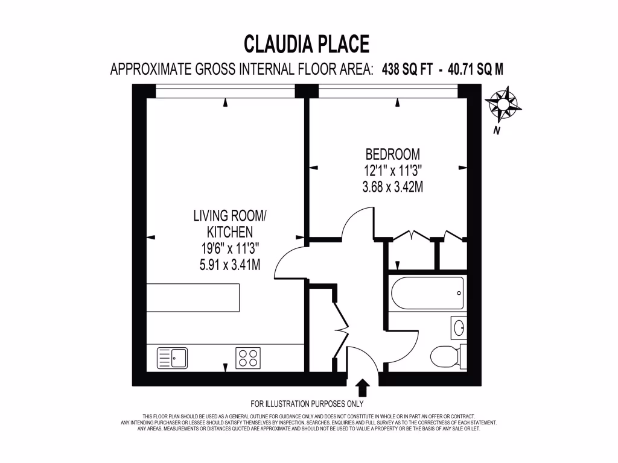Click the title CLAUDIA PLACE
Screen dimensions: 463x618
pyautogui.click(x=306, y=44)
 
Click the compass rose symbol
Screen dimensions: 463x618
pyautogui.click(x=503, y=104)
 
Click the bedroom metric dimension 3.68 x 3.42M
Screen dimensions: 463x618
pyautogui.click(x=392, y=187)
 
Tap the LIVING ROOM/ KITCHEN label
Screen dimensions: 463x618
pyautogui.click(x=229, y=224)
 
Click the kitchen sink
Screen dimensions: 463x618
pyautogui.click(x=173, y=357)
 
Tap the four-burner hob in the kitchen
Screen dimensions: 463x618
pyautogui.click(x=248, y=357)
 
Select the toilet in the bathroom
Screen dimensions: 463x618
pyautogui.click(x=448, y=356)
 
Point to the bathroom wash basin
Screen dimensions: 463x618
pyautogui.click(x=458, y=328)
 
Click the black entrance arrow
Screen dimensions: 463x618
pyautogui.click(x=363, y=386)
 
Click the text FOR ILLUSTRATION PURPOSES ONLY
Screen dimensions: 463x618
pyautogui.click(x=307, y=404)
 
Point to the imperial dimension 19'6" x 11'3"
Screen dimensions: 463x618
pyautogui.click(x=229, y=248)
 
